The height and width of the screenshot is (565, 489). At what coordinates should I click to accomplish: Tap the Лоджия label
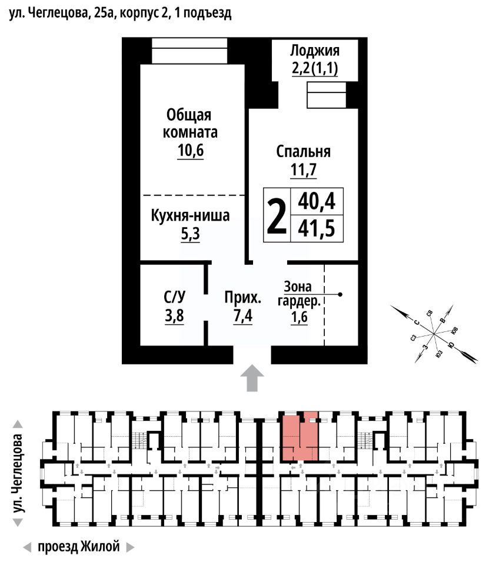(x=315, y=49)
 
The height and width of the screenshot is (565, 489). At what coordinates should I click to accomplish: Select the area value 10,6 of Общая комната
(x=190, y=151)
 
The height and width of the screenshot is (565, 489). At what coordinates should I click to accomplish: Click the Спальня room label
(x=304, y=151)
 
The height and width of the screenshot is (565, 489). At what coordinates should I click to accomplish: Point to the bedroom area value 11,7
(x=304, y=170)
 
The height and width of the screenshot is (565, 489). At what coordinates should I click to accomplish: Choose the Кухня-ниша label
(x=190, y=215)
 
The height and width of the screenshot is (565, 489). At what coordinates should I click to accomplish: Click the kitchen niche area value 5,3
(x=190, y=234)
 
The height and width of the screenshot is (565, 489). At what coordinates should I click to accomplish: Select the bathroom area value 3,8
(x=174, y=316)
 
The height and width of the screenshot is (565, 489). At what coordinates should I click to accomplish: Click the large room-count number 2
(x=277, y=215)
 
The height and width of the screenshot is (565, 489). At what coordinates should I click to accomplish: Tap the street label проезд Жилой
(x=78, y=547)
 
